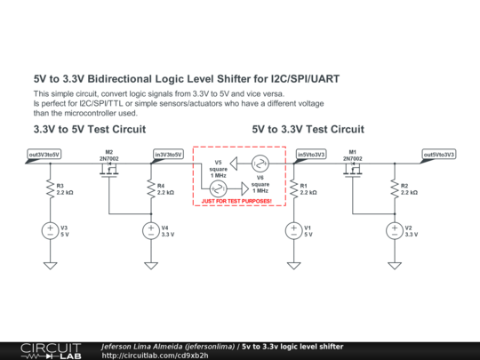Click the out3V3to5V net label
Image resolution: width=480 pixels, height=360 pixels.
44,154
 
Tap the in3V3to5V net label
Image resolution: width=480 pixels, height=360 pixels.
168,154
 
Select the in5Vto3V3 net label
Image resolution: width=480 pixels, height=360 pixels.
311,154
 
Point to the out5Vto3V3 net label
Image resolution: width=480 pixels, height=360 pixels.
438,154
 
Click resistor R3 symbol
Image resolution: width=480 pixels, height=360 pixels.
51,189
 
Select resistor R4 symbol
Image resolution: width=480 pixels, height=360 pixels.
151,189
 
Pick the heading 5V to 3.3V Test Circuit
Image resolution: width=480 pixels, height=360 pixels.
308,129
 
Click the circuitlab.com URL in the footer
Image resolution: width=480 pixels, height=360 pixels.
156,355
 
